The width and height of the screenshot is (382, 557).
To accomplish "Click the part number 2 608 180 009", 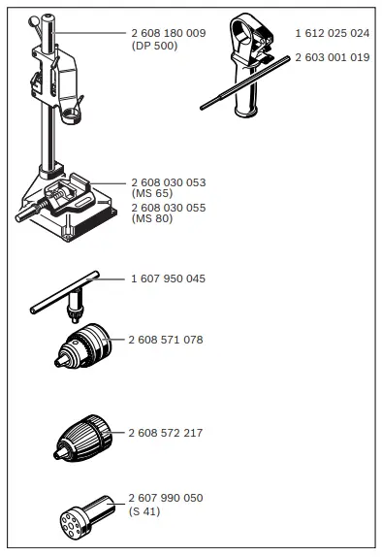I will [x=168, y=33].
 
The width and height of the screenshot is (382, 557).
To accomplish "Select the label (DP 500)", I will [x=154, y=46].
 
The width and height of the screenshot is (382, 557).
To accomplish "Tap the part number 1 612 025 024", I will [x=333, y=33].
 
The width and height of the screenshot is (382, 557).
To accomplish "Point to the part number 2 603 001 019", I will [x=333, y=57].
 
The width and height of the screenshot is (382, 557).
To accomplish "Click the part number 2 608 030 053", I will [x=168, y=182].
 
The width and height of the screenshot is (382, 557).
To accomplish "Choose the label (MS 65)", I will [x=150, y=194].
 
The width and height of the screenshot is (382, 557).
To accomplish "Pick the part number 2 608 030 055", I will [x=168, y=208].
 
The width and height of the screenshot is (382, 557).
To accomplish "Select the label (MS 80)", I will [x=150, y=219].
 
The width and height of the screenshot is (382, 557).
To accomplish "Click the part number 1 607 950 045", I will [x=168, y=278].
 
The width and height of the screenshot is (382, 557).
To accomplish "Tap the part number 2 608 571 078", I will [x=165, y=340].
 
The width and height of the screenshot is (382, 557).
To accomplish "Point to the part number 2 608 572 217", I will [x=166, y=432].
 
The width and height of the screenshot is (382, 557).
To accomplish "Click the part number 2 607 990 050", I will [x=165, y=498].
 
